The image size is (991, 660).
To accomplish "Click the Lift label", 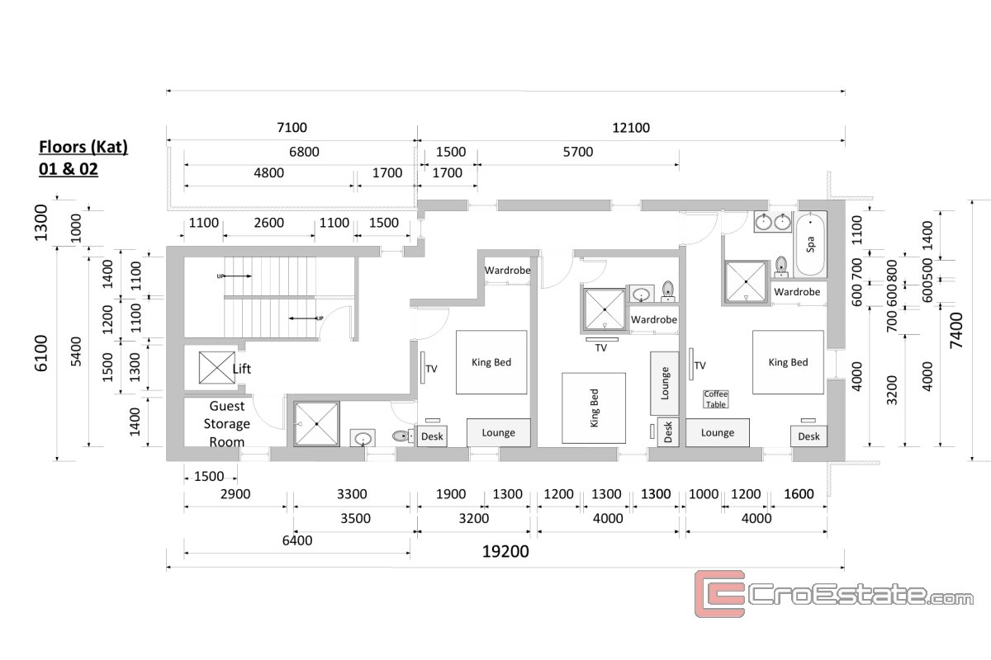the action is (241, 368).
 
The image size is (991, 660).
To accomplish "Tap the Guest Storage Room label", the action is (226, 423).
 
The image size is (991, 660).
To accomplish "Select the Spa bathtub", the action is (810, 244).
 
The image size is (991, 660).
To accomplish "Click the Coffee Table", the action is (715, 398).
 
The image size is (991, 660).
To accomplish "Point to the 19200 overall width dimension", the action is (505, 551).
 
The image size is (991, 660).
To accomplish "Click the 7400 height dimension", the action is (955, 330).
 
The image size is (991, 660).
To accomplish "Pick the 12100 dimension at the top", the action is (631, 128).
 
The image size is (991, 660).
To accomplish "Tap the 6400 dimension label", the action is (297, 540).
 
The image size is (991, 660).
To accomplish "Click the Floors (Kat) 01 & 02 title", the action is (83, 158).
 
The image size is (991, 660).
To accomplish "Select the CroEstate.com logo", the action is (833, 594).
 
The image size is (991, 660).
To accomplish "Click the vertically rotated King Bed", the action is (594, 408).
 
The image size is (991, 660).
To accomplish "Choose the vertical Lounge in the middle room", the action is (665, 384).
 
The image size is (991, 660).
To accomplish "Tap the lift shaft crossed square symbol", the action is (216, 367).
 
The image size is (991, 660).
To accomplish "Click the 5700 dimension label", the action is (578, 152).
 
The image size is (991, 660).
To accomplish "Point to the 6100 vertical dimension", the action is (40, 353).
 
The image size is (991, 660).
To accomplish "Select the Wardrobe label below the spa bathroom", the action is (797, 292).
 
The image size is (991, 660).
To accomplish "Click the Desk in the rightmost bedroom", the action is (808, 436).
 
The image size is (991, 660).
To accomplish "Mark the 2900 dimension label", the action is (235, 494).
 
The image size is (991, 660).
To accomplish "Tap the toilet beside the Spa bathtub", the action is (781, 267).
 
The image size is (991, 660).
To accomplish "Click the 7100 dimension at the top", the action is (292, 128).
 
